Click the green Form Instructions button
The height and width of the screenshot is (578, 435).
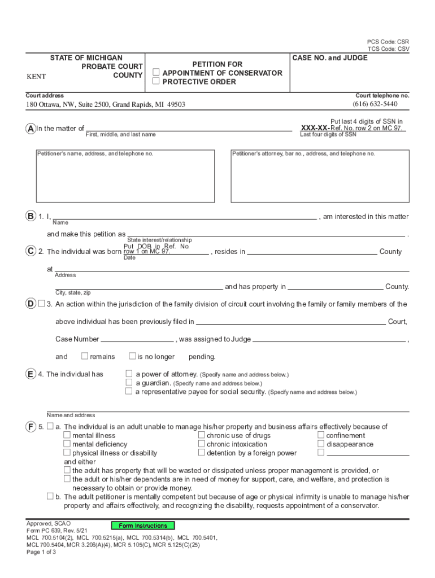(143, 526)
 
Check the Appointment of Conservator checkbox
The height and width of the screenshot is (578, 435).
(156, 73)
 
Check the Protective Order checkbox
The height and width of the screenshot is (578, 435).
(156, 81)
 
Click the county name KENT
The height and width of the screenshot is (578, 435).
(36, 77)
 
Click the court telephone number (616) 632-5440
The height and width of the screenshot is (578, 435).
(375, 104)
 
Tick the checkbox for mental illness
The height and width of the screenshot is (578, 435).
(67, 435)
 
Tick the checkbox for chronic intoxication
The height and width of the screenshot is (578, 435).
(201, 444)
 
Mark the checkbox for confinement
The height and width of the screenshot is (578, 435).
(321, 435)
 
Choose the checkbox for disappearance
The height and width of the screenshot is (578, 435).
(321, 444)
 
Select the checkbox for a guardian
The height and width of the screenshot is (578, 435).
(129, 383)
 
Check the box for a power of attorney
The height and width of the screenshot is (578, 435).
(129, 374)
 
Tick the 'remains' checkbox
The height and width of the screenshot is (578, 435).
(85, 356)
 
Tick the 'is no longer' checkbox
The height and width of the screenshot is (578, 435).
(132, 356)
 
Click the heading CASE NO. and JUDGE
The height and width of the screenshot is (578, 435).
(329, 58)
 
